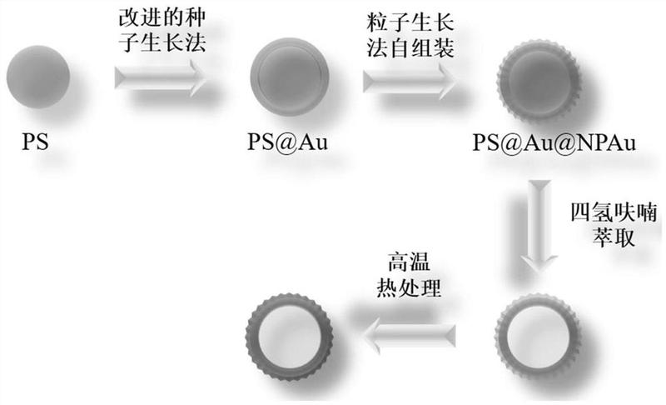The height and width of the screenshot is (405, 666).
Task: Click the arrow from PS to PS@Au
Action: [x=161, y=80]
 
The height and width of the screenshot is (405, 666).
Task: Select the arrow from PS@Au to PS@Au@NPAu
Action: [x=410, y=80]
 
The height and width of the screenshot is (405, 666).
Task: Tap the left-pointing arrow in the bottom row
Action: [x=414, y=335]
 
